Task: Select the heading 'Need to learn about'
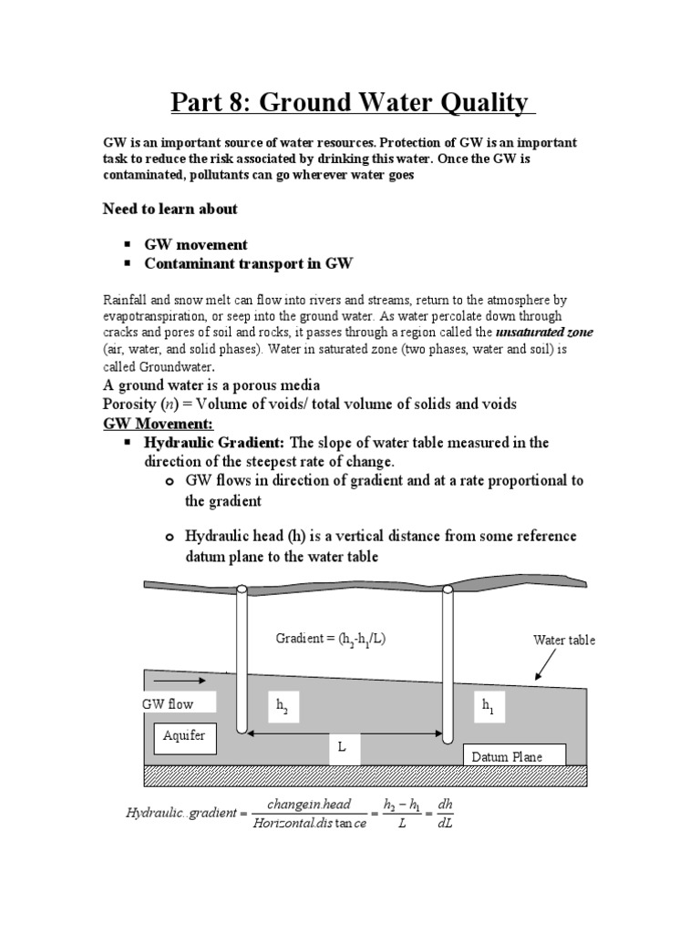(x=170, y=209)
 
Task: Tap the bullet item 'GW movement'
(x=195, y=245)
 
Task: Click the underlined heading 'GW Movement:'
(x=157, y=424)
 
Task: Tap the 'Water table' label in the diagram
(x=563, y=641)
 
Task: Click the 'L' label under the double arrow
(x=343, y=747)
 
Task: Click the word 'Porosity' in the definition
(x=129, y=405)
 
